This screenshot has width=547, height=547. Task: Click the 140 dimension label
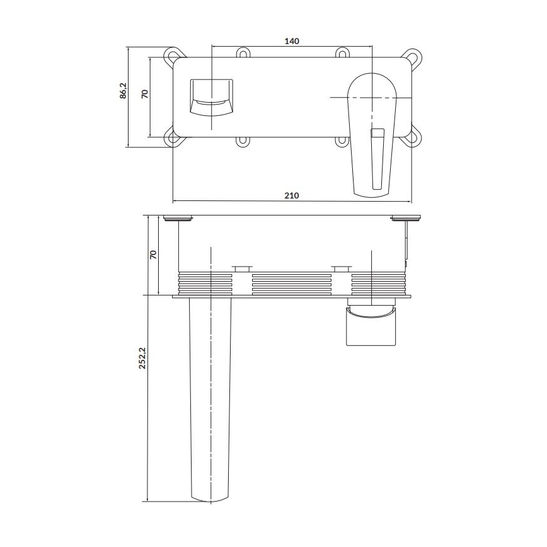(x=291, y=41)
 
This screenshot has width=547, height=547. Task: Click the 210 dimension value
(x=291, y=196)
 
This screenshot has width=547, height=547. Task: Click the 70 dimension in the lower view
(x=152, y=255)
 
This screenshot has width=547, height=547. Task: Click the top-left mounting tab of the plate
(x=170, y=55)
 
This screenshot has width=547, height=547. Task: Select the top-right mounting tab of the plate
(x=413, y=56)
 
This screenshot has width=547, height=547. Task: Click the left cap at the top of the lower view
(x=179, y=219)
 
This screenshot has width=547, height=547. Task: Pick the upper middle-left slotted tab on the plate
(x=242, y=54)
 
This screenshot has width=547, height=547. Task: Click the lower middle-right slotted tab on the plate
(x=341, y=141)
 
